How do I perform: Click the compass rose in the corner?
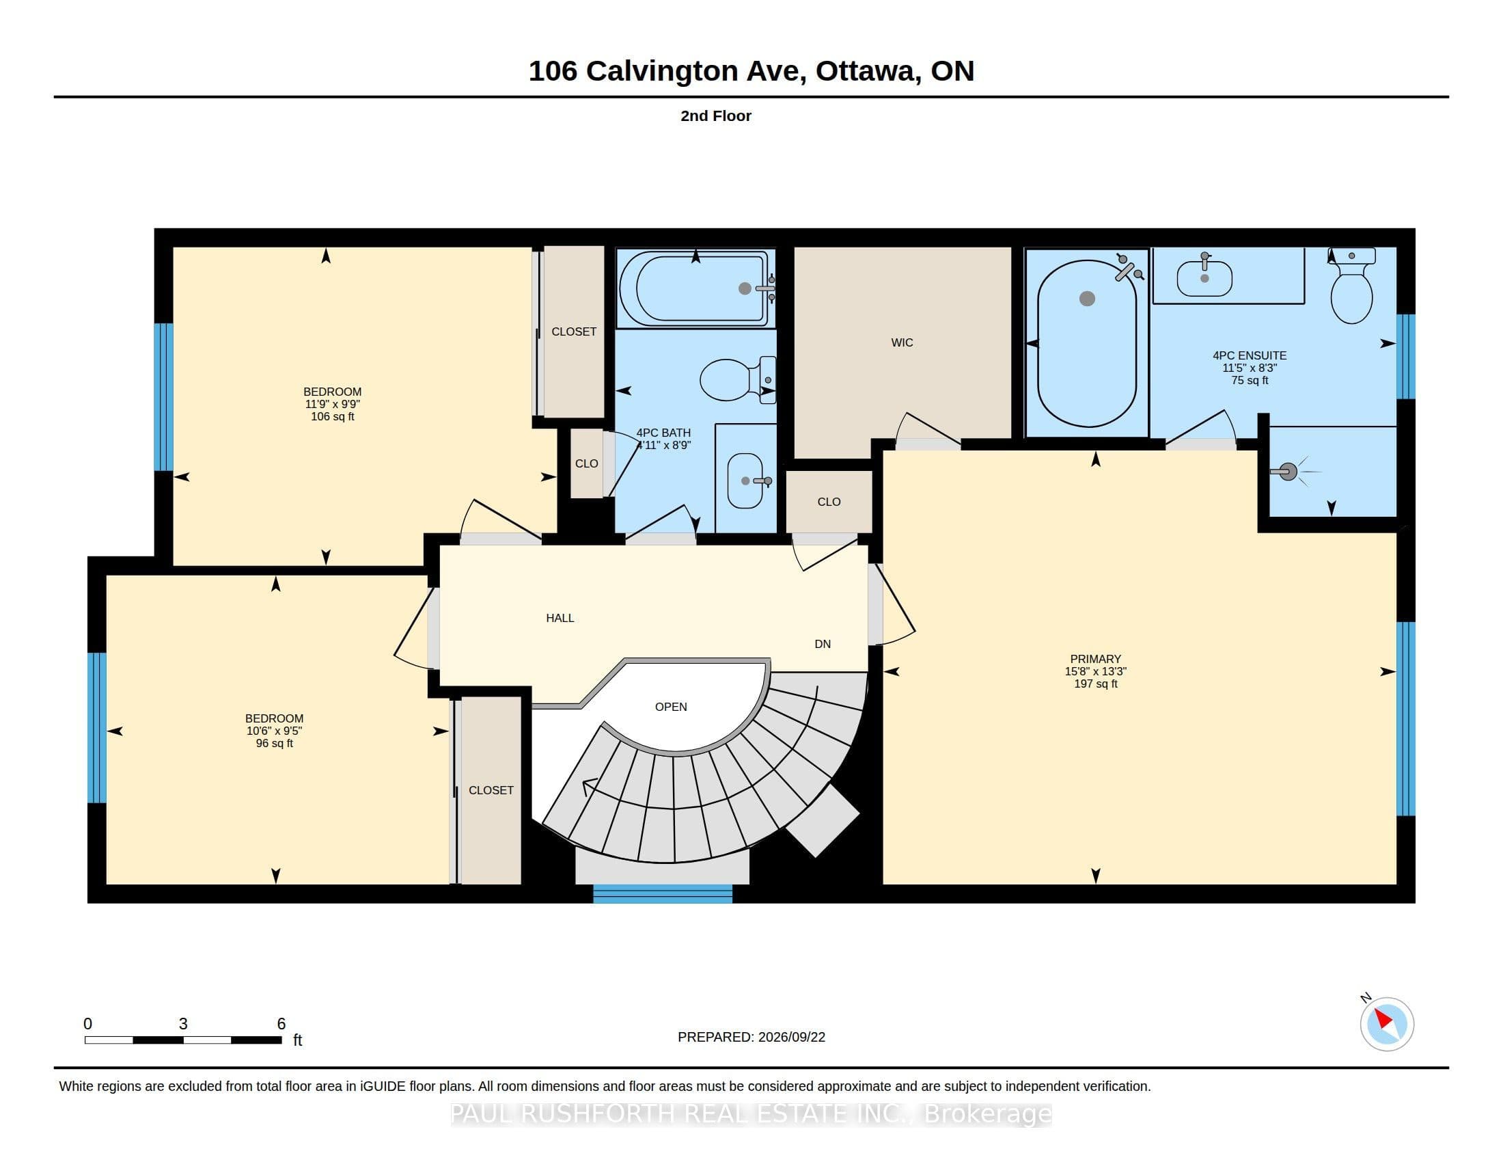(x=1387, y=1025)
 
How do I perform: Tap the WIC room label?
(x=902, y=343)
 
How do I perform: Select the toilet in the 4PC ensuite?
(x=1351, y=286)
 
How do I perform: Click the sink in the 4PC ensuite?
(x=1204, y=276)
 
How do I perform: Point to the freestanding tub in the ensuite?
(x=1087, y=344)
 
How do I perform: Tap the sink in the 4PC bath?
(x=747, y=480)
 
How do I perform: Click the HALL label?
(x=560, y=618)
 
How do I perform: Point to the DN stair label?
(x=823, y=645)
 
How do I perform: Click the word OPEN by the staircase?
(x=671, y=707)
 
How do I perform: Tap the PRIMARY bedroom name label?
(x=1096, y=659)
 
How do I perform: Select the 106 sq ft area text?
(x=333, y=416)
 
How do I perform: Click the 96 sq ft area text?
(x=274, y=744)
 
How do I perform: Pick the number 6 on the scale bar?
(x=281, y=1024)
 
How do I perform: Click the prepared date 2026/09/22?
(x=791, y=1037)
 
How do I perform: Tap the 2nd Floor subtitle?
(x=716, y=116)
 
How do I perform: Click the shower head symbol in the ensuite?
(x=1288, y=472)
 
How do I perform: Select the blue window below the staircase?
(x=663, y=894)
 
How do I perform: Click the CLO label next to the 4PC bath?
(x=586, y=464)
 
